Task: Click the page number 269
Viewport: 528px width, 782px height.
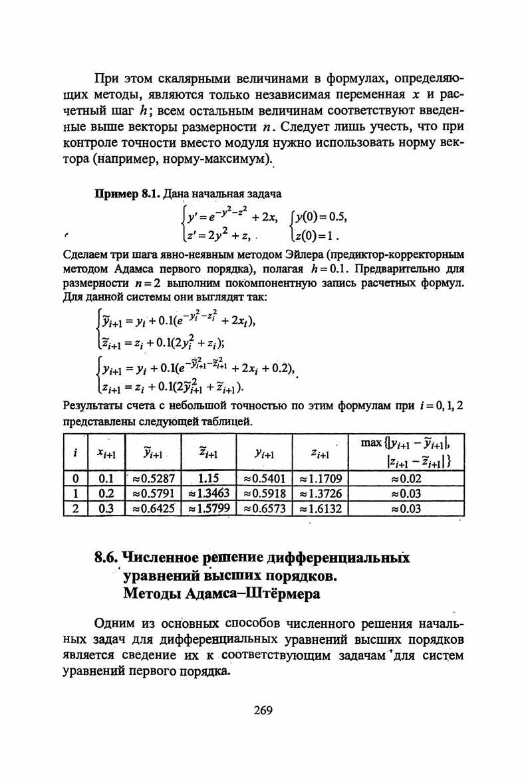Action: pyautogui.click(x=263, y=710)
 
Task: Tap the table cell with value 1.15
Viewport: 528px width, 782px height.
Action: pyautogui.click(x=209, y=477)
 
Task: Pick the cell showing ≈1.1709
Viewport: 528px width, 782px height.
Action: pyautogui.click(x=321, y=477)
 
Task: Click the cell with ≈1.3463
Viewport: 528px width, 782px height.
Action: pyautogui.click(x=209, y=493)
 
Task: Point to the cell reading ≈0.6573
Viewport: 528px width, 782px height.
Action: pyautogui.click(x=265, y=509)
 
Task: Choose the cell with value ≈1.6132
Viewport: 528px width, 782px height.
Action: pyautogui.click(x=321, y=509)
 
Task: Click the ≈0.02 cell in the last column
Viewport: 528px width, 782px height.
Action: pyautogui.click(x=406, y=477)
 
